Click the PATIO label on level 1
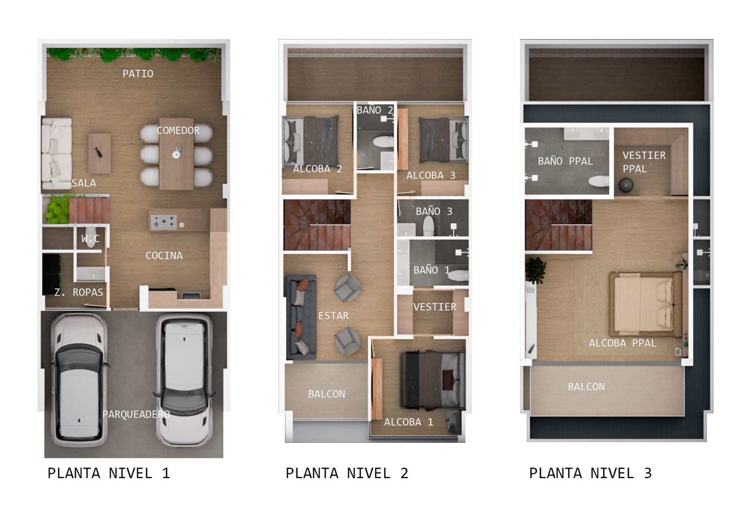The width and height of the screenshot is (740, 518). pos(138,73)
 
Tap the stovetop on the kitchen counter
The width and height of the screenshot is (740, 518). pos(164,222)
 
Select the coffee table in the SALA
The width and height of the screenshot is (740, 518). pos(99,153)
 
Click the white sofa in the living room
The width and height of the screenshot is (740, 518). pos(56,153)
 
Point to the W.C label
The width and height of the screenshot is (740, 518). pos(91,238)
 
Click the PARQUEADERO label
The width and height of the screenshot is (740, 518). pos(136,414)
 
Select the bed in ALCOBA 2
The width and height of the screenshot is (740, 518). pos(311,141)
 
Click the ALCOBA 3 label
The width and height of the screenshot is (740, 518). pos(431,175)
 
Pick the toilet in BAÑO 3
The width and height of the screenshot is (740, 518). pos(428,225)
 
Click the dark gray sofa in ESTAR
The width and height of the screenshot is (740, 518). pos(301,317)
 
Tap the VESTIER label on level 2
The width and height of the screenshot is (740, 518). pos(435,307)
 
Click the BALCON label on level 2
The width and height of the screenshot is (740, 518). pos(327,394)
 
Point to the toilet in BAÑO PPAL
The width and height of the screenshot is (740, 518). pos(598,181)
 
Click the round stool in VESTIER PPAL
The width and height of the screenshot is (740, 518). pos(626,185)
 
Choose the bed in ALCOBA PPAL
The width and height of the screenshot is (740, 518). pos(646,305)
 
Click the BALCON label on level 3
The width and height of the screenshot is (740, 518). pos(586,387)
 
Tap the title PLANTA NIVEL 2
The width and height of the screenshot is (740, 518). pos(347,474)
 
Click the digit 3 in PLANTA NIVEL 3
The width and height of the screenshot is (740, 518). pos(648,474)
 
